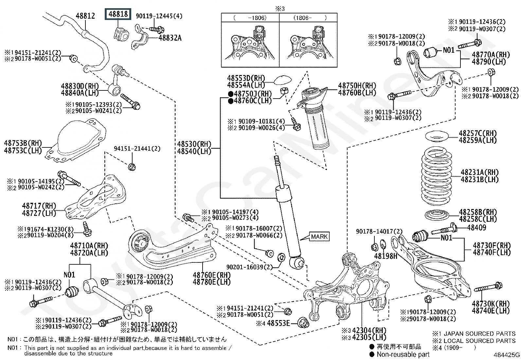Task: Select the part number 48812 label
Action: (85, 16)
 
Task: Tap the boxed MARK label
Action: (319, 237)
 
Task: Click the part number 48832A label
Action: (170, 38)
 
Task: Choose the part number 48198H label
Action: (386, 256)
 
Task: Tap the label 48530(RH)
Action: (194, 144)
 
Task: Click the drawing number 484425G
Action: (507, 355)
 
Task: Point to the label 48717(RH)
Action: (39, 206)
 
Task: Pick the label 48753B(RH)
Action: (23, 143)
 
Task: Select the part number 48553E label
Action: (278, 323)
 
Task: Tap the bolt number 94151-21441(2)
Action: (137, 149)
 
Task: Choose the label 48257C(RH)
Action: (477, 133)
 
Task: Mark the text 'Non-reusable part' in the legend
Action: (403, 354)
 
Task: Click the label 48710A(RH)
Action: (89, 246)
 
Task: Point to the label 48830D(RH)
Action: (80, 86)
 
